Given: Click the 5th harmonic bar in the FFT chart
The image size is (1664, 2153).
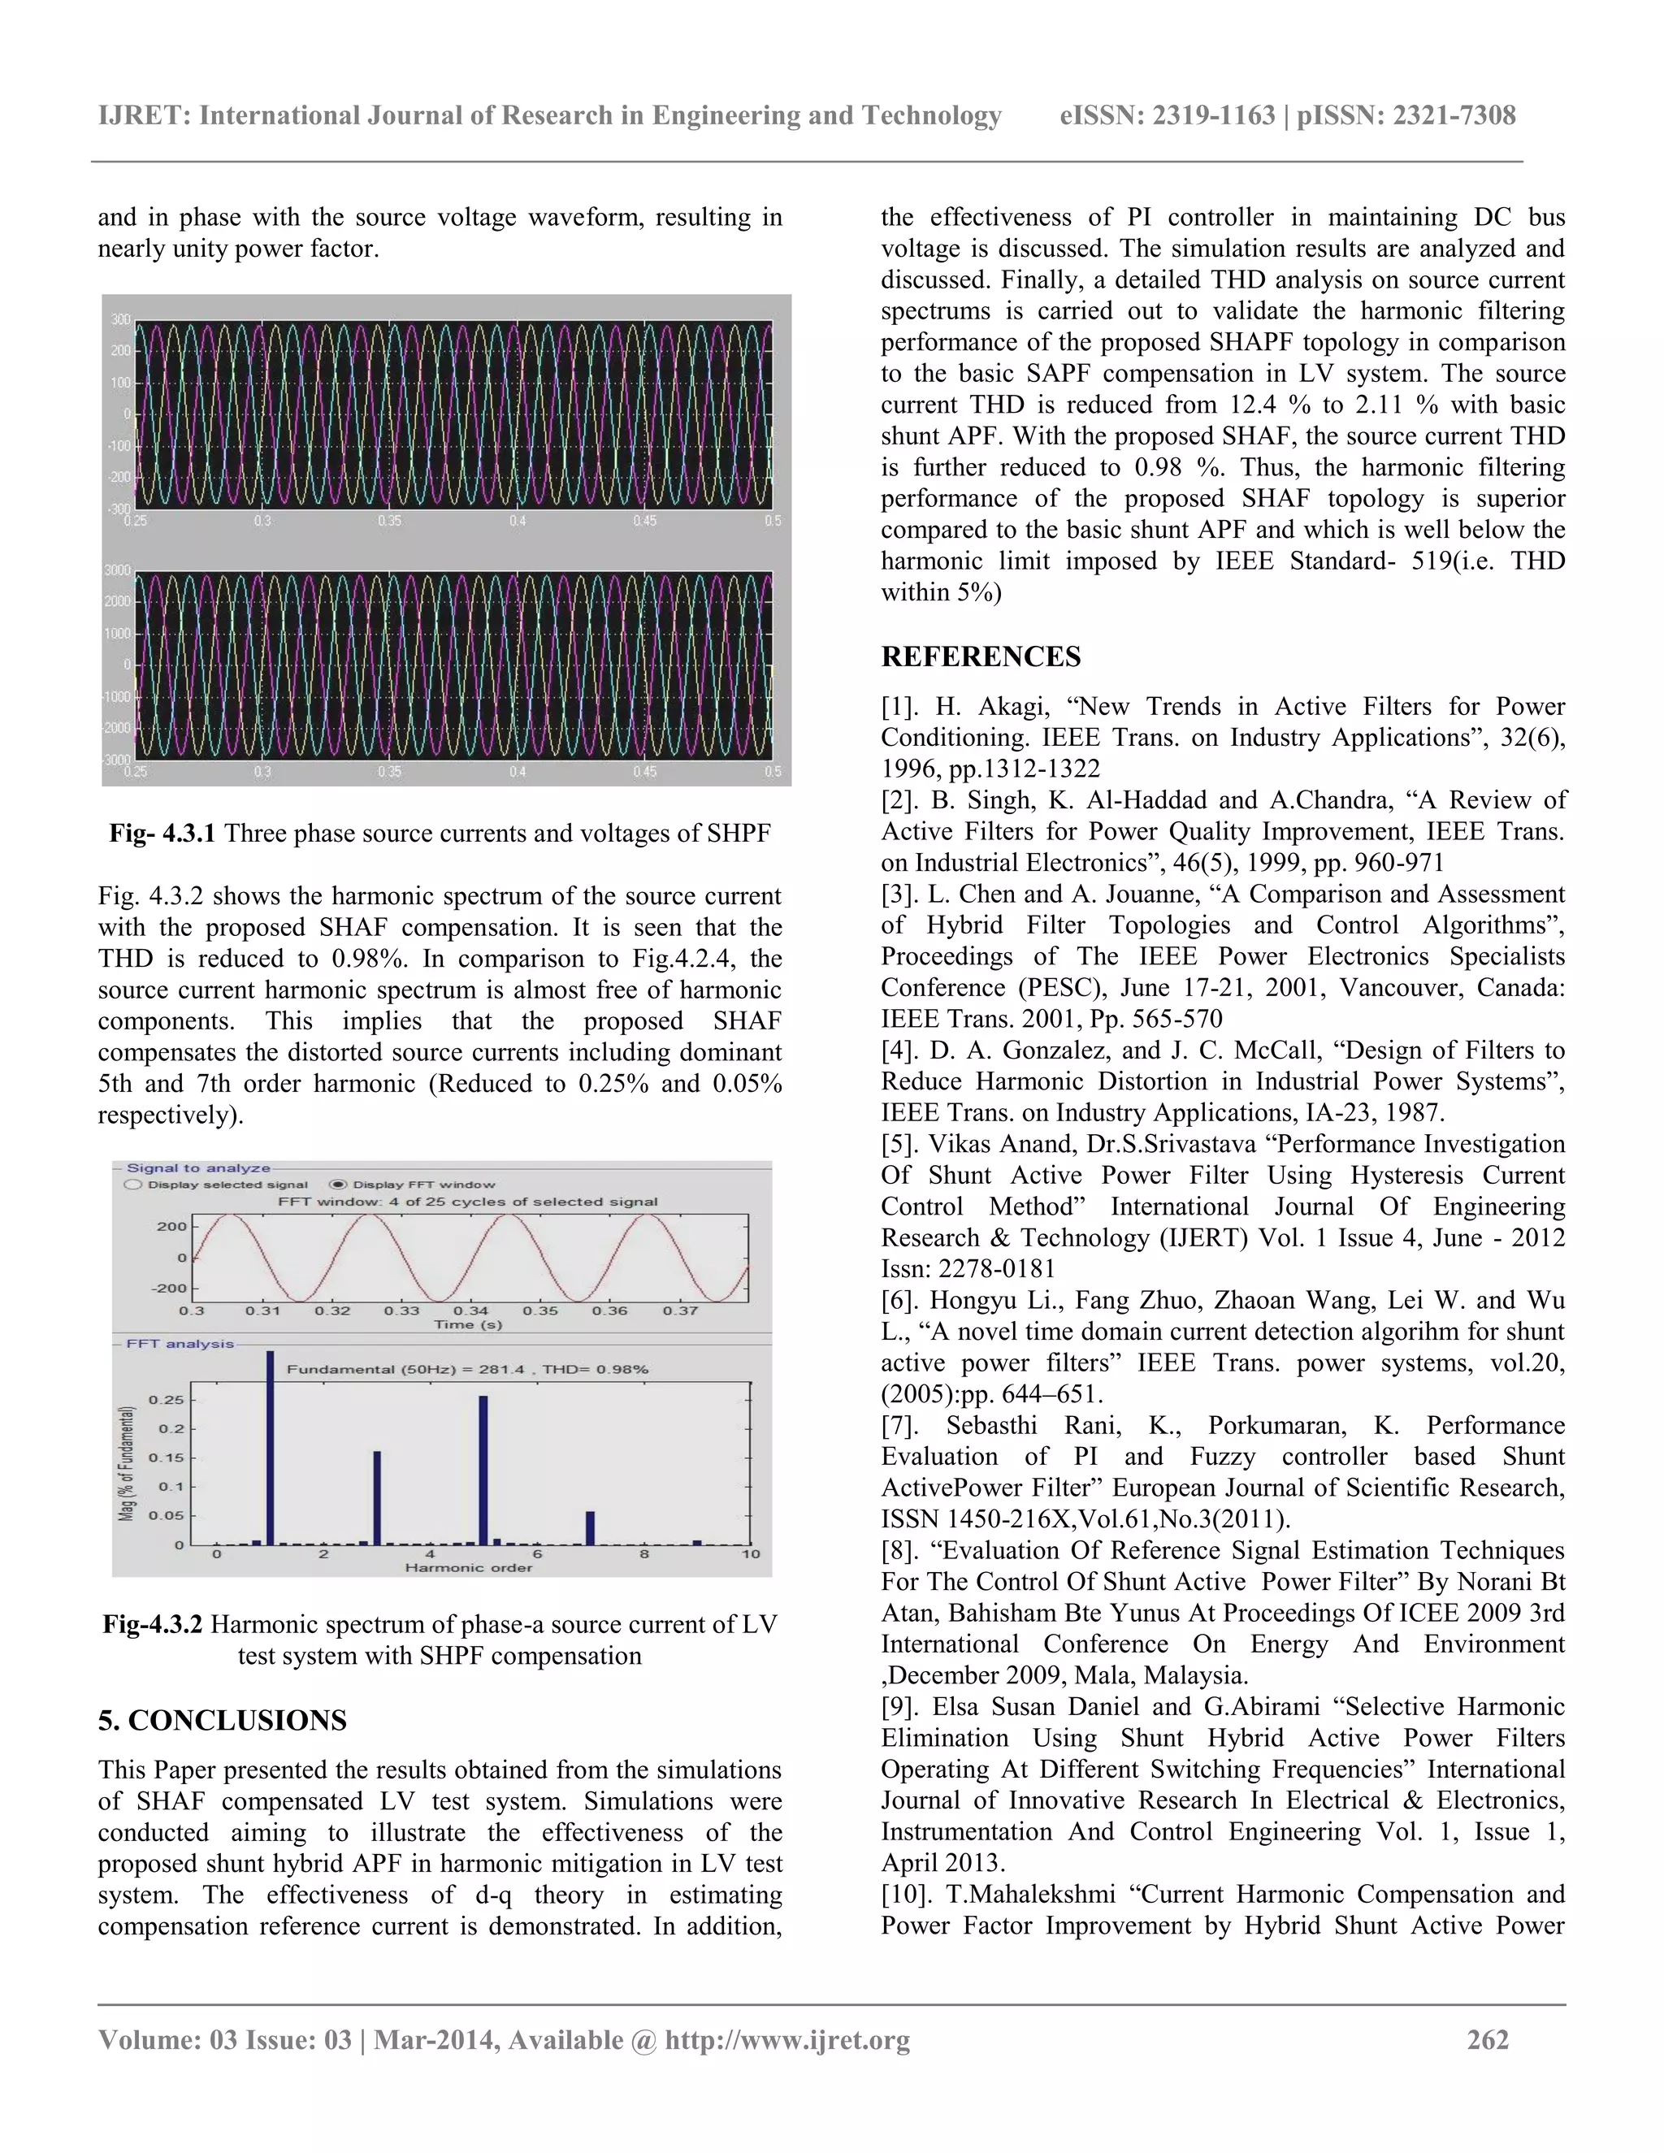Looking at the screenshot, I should coord(483,1469).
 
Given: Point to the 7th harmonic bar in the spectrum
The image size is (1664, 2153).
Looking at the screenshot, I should coord(591,1527).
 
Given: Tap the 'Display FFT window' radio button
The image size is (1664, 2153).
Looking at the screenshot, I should coord(338,1184).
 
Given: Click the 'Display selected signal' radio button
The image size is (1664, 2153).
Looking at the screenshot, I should coord(133,1184).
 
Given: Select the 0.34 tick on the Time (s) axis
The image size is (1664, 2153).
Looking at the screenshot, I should coord(470,1311).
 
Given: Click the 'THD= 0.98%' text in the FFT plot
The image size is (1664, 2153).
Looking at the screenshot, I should coord(598,1368).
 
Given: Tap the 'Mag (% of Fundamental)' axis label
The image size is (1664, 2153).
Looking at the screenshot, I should coord(126,1463).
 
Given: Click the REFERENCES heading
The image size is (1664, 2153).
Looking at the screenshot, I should coord(980,656).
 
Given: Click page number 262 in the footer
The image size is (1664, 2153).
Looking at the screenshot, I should coord(1488,2039).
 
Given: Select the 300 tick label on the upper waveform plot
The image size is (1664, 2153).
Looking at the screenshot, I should coord(120,319).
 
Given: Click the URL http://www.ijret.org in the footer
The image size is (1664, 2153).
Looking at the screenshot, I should coord(786,2039).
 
